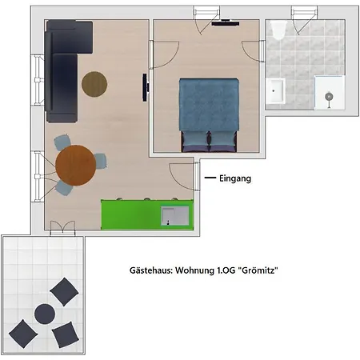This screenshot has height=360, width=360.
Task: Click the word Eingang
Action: [235, 178]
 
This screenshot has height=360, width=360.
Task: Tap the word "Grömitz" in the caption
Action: [258, 270]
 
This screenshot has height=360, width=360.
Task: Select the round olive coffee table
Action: [94, 84]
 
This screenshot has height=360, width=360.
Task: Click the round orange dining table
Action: [76, 166]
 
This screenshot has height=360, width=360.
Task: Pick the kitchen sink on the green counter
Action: [175, 216]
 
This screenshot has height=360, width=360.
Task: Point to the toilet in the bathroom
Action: [278, 30]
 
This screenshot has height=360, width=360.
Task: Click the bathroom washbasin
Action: [275, 91]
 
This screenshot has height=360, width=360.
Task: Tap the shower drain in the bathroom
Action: [329, 96]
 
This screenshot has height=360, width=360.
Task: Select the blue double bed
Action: [209, 115]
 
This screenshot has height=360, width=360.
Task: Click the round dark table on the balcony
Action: [45, 314]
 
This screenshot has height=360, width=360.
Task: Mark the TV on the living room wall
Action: [145, 87]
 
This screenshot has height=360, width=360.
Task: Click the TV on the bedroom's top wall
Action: [226, 23]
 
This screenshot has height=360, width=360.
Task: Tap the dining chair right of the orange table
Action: [101, 162]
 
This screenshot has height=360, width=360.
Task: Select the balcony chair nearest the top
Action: [64, 291]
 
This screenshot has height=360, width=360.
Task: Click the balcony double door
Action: [62, 228]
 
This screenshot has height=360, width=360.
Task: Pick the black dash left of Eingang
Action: [210, 178]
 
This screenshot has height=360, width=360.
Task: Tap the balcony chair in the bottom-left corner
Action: [23, 334]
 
